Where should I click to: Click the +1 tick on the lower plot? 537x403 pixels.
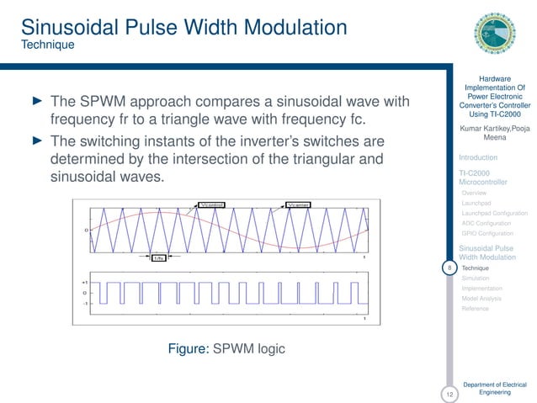(x=86, y=282)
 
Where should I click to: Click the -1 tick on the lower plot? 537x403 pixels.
(x=86, y=303)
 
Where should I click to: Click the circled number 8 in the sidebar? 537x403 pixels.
(x=450, y=268)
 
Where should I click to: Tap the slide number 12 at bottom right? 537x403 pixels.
(x=450, y=393)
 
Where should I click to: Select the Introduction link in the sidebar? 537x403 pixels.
(x=477, y=157)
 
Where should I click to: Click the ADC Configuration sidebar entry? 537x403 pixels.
(x=486, y=224)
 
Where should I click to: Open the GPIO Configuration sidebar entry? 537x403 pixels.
(x=487, y=234)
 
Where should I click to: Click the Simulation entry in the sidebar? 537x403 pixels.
(x=476, y=278)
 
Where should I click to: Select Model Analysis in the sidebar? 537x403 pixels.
(x=481, y=298)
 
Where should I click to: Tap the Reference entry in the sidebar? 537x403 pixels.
(x=475, y=309)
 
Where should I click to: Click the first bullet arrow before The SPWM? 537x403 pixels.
(x=36, y=102)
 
